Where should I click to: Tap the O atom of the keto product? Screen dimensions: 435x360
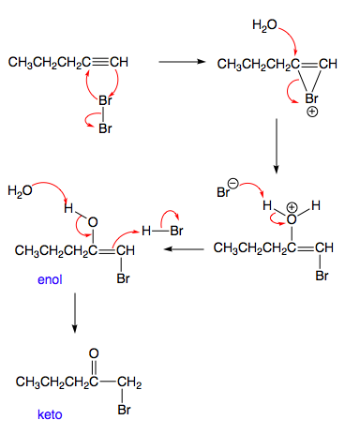pyautogui.click(x=92, y=353)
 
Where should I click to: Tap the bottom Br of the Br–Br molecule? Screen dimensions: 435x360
pyautogui.click(x=104, y=127)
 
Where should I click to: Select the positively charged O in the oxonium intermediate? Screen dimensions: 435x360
pyautogui.click(x=291, y=217)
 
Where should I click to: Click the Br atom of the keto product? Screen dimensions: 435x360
pyautogui.click(x=124, y=410)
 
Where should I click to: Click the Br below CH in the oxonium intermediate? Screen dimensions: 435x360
pyautogui.click(x=321, y=276)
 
